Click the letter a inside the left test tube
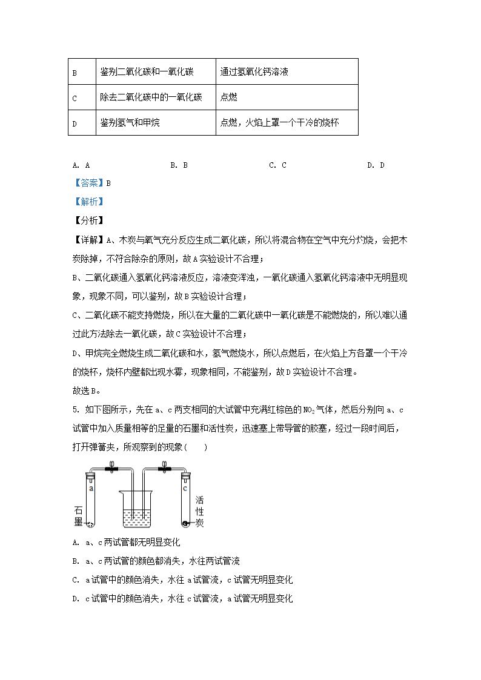pos(91,487)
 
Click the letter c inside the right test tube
pos(184,487)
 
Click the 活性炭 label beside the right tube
pos(200,512)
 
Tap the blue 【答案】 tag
pos(87,183)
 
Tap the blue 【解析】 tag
pos(87,202)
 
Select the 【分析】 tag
pos(87,220)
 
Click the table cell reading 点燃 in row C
pos(228,97)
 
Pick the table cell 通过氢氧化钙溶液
pos(254,71)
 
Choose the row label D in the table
pos(75,124)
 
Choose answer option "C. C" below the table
pos(277,165)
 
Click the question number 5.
pos(74,410)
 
